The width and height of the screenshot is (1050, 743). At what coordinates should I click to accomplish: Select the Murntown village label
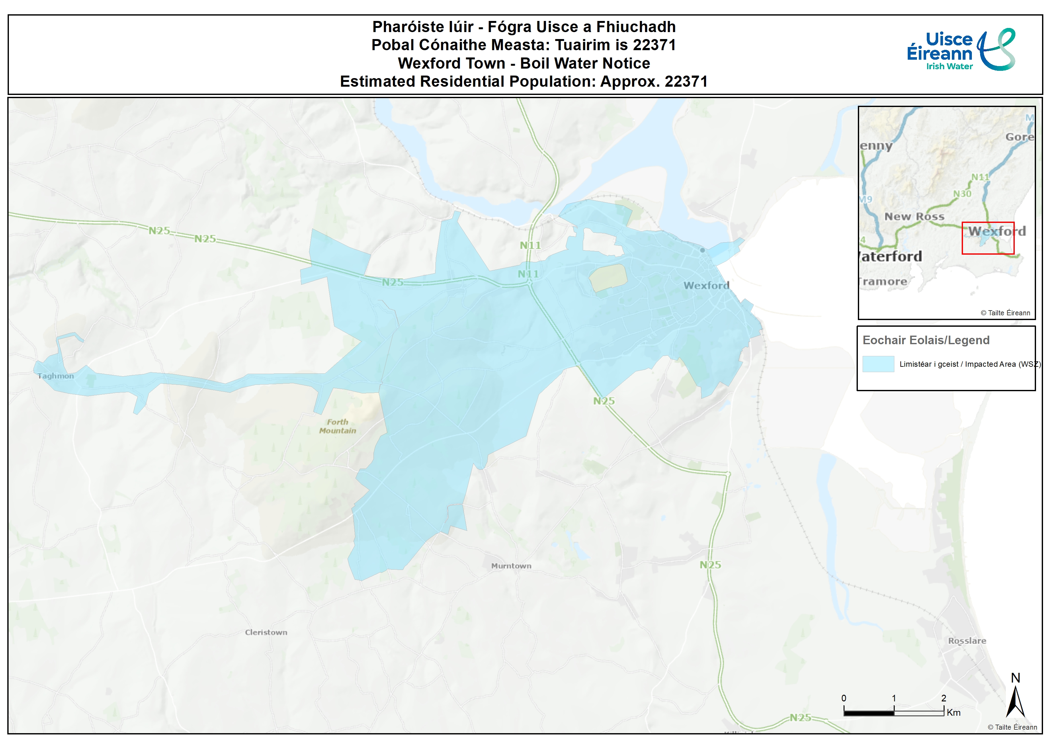pyautogui.click(x=511, y=566)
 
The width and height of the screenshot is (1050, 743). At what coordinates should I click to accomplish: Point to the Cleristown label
pyautogui.click(x=266, y=632)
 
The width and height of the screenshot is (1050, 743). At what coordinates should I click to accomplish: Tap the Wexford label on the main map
pyautogui.click(x=706, y=285)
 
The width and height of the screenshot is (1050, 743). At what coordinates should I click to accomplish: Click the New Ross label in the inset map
pyautogui.click(x=914, y=217)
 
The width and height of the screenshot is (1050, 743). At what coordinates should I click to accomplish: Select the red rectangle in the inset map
pyautogui.click(x=988, y=238)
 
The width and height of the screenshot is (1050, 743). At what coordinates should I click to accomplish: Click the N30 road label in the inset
pyautogui.click(x=962, y=194)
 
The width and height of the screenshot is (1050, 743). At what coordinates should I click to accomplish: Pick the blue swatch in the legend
pyautogui.click(x=878, y=364)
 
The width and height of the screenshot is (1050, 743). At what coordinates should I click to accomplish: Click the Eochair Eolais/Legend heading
pyautogui.click(x=925, y=340)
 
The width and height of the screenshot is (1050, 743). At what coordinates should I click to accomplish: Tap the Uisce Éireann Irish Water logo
pyautogui.click(x=961, y=50)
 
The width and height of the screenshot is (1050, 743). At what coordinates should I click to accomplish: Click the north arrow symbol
pyautogui.click(x=1015, y=700)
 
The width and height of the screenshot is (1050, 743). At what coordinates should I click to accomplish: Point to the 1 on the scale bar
pyautogui.click(x=893, y=698)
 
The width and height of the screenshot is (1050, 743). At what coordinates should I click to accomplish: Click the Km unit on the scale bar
pyautogui.click(x=953, y=712)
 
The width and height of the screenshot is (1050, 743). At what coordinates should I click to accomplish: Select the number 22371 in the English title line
pyautogui.click(x=686, y=81)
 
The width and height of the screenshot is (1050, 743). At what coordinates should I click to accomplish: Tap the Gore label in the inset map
pyautogui.click(x=1019, y=137)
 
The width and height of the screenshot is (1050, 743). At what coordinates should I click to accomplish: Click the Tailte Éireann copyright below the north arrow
pyautogui.click(x=1012, y=727)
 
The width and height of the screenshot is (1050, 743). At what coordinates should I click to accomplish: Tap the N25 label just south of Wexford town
pyautogui.click(x=604, y=401)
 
